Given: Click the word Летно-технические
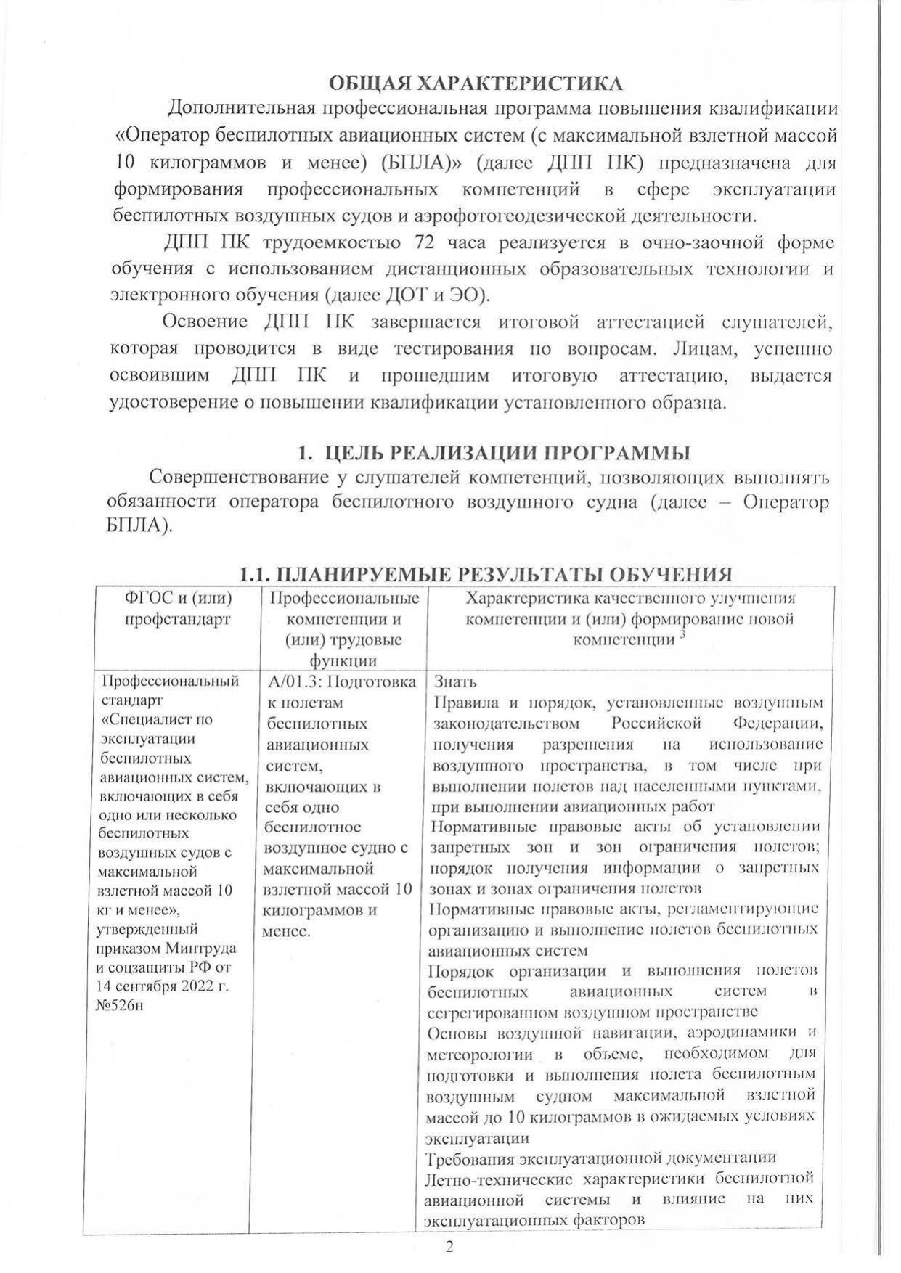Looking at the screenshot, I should pyautogui.click(x=499, y=1178).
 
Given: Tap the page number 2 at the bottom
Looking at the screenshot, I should pyautogui.click(x=449, y=1248).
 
